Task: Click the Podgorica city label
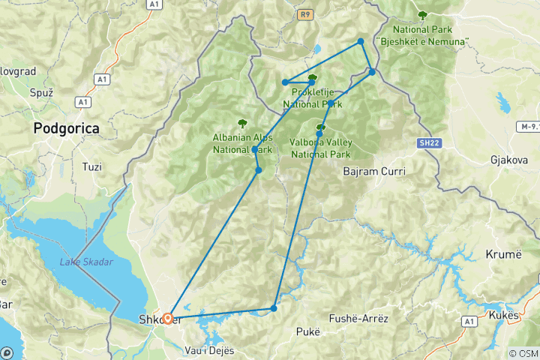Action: [66, 129]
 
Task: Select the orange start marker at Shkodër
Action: [168, 318]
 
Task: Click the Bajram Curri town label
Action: [373, 172]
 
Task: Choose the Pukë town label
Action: [307, 331]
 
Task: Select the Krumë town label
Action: [503, 254]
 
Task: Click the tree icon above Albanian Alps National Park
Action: [241, 123]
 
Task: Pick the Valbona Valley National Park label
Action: [320, 148]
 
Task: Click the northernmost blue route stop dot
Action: [361, 41]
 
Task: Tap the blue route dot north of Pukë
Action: [274, 308]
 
